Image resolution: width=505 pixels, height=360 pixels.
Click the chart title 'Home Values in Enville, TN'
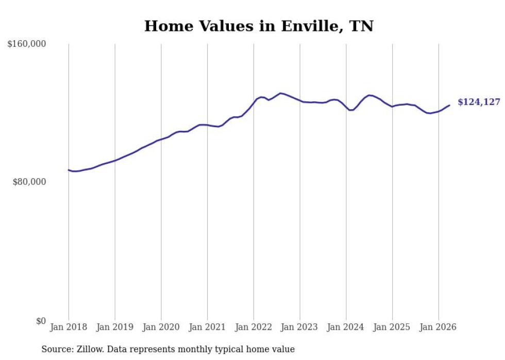[x=259, y=26]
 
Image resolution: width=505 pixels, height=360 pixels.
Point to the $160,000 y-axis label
[x=26, y=44]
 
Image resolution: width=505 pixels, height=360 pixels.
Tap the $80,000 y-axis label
[x=29, y=182]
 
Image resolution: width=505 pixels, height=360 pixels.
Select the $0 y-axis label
[x=41, y=321]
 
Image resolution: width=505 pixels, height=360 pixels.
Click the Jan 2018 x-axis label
[x=69, y=327]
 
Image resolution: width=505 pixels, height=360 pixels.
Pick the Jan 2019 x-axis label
[x=114, y=327]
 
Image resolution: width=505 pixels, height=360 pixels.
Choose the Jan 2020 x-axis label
[x=161, y=327]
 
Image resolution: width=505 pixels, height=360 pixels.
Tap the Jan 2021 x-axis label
[x=207, y=327]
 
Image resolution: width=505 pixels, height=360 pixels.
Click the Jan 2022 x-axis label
[x=254, y=327]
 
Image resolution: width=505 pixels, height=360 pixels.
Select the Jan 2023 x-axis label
[x=299, y=327]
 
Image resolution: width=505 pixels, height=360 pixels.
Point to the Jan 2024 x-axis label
[x=346, y=327]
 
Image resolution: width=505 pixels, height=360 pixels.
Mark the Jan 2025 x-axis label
[x=392, y=327]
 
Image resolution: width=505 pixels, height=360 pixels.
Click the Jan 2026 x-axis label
[x=438, y=327]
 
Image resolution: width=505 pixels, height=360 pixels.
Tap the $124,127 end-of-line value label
[x=479, y=102]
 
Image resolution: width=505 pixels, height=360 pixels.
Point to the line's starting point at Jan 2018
[x=69, y=170]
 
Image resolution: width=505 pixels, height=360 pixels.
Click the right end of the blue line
[x=449, y=105]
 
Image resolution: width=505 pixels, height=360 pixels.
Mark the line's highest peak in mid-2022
[x=280, y=93]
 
